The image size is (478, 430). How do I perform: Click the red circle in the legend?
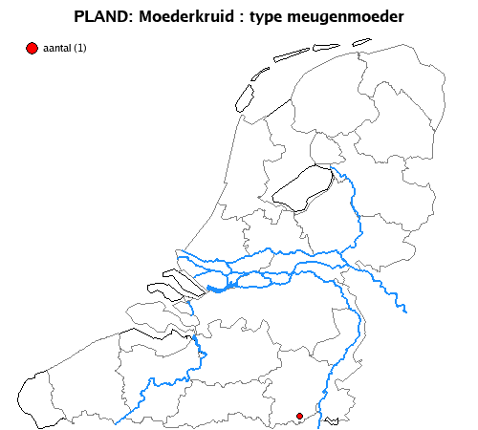pyautogui.click(x=32, y=48)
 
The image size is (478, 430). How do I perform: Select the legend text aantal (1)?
pyautogui.click(x=65, y=49)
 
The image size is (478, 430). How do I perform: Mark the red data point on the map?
pyautogui.click(x=299, y=416)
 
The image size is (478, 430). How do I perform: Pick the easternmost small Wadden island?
pyautogui.click(x=361, y=42)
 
